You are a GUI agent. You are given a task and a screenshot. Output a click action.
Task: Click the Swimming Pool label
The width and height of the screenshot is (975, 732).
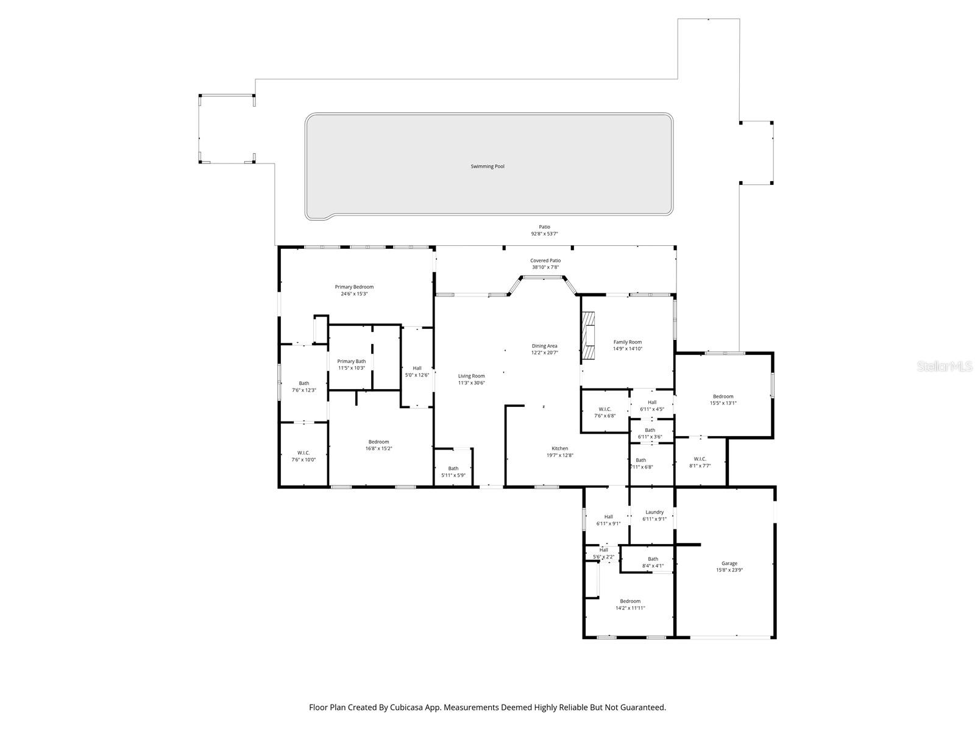point(487,167)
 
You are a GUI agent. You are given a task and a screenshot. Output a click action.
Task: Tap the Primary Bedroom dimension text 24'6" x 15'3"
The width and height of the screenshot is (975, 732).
point(354,294)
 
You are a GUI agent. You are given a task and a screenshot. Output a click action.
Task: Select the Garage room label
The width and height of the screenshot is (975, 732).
point(729,564)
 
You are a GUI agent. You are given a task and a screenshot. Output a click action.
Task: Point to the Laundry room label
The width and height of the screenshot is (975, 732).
point(654,512)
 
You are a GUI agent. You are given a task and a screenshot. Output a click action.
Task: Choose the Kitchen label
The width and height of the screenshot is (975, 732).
point(559,448)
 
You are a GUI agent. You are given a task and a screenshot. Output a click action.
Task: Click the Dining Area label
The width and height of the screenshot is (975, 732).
point(544,346)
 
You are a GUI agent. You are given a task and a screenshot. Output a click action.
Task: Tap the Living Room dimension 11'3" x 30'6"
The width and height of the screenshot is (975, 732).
point(471,383)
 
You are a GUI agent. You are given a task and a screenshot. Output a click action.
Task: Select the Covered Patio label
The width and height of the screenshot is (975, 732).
point(545,260)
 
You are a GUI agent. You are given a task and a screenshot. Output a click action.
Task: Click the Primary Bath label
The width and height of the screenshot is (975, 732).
point(352,361)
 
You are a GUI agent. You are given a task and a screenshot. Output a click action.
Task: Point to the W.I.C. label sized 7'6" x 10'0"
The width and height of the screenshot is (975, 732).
point(303,453)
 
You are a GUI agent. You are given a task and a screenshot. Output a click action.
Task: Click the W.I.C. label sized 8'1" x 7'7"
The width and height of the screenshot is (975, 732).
point(700,459)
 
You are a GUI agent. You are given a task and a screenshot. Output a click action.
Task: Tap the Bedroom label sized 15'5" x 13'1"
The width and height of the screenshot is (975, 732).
point(723,396)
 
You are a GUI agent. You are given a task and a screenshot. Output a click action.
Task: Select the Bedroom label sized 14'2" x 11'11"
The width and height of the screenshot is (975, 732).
point(630,601)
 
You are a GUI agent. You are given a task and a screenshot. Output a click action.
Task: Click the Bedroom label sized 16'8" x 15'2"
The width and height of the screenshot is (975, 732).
point(378,442)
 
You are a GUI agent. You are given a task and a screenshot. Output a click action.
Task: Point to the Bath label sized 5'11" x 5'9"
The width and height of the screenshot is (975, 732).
point(453,468)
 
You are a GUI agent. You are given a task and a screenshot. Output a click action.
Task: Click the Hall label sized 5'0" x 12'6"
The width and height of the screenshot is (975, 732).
point(417,368)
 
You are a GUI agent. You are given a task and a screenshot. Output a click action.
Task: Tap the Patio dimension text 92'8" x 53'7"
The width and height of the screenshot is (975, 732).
point(544,234)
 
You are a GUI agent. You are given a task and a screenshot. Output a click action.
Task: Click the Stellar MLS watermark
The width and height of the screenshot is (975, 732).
point(946,366)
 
